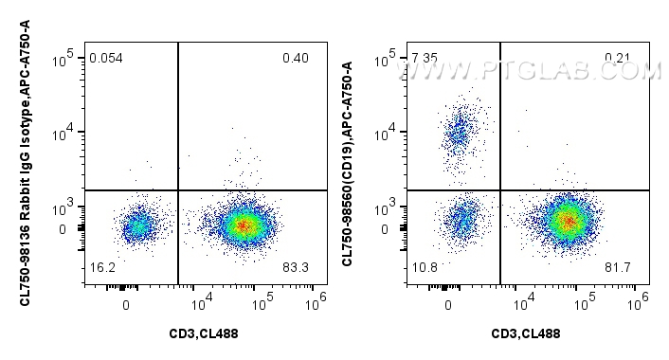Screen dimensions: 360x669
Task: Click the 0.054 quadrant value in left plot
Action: click(x=105, y=59)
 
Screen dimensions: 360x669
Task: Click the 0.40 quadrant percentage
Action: click(x=295, y=59)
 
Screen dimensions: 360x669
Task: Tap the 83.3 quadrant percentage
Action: click(x=295, y=269)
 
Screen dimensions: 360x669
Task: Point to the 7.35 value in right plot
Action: click(x=424, y=59)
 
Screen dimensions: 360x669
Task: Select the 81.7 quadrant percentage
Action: click(x=618, y=269)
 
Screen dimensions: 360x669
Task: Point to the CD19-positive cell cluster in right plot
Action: click(x=461, y=132)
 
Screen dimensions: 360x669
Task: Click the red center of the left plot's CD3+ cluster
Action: click(x=244, y=225)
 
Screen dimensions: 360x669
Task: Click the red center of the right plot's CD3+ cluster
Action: click(x=567, y=222)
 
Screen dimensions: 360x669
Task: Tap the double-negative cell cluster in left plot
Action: click(x=137, y=226)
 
